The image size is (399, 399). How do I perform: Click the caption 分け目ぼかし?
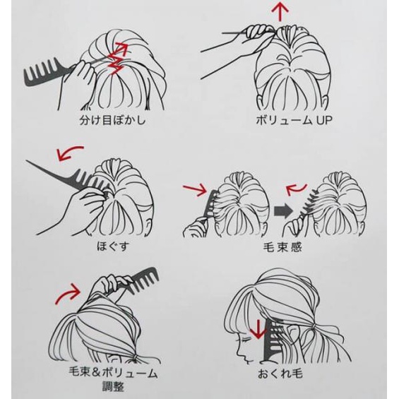113,120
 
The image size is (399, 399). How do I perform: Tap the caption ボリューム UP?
294,120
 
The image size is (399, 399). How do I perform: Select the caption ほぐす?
113,246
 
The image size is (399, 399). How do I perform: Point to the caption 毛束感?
283,247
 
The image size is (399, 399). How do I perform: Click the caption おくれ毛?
280,374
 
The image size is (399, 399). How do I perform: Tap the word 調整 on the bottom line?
113,387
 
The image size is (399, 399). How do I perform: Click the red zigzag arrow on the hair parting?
117,59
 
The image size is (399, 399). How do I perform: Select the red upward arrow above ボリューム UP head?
280,11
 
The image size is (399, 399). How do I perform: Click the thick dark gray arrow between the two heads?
283,210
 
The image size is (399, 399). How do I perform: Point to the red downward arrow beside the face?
258,329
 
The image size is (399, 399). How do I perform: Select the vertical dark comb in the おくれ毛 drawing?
271,340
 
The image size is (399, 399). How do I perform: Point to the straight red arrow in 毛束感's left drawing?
195,189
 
